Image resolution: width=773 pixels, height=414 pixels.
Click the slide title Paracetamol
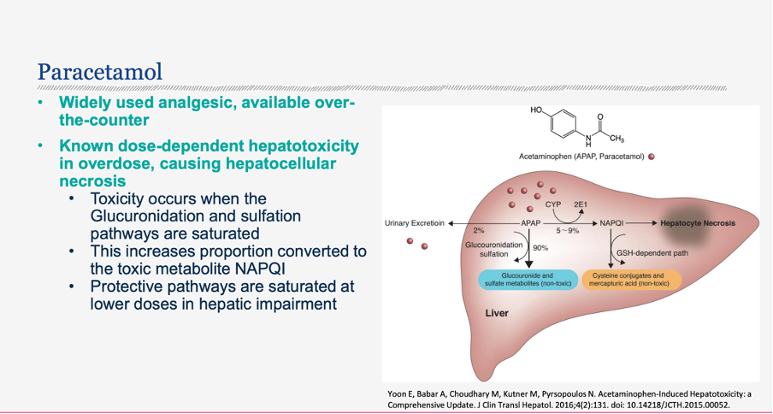[x=100, y=72]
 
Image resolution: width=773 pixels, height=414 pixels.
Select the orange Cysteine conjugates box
[x=632, y=280]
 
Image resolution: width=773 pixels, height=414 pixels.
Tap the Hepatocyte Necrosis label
[x=698, y=223]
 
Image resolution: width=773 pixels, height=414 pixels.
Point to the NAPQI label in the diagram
[x=612, y=223]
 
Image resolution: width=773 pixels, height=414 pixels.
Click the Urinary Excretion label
[x=415, y=223]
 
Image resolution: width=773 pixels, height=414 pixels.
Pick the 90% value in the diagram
[x=540, y=248]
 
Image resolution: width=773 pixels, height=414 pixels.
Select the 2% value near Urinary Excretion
[x=478, y=231]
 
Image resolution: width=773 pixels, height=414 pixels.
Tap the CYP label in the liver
[x=553, y=205]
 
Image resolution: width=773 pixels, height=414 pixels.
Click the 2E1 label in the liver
[x=581, y=205]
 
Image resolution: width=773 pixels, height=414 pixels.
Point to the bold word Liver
[x=497, y=313]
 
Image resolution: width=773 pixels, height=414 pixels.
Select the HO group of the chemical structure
[x=537, y=110]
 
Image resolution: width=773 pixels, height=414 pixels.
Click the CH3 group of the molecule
[x=617, y=139]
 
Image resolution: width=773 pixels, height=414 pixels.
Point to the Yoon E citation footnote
[x=569, y=399]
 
